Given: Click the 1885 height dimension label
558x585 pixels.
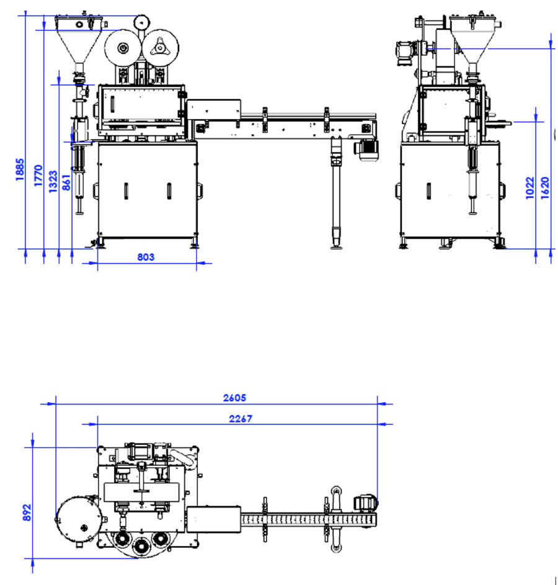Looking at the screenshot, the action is click(20, 170).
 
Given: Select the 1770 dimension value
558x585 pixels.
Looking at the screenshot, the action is click(38, 176).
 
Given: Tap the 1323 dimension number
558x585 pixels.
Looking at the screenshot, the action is click(53, 182).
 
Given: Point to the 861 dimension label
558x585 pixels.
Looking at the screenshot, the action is click(66, 182).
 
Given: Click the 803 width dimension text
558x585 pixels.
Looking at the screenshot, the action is click(146, 257).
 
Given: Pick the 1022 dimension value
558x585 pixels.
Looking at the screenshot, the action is click(529, 188).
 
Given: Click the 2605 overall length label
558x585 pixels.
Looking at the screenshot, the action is click(234, 398).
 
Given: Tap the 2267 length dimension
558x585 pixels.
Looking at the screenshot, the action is click(241, 419).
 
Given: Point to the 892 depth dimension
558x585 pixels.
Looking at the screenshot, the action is click(27, 512).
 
